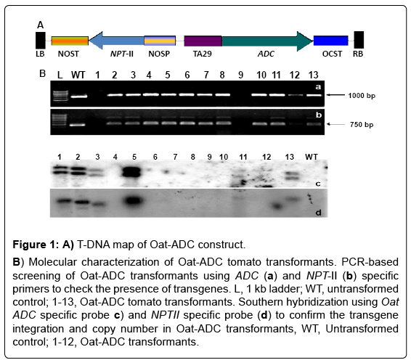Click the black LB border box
[41, 41]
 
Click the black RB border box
[359, 40]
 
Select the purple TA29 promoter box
[203, 41]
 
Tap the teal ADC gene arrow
[267, 41]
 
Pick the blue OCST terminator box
[331, 41]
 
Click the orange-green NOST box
[70, 41]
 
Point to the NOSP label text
[159, 54]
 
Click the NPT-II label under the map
[122, 54]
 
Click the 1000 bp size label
[362, 96]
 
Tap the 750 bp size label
[362, 124]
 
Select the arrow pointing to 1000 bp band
[335, 95]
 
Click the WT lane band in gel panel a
[78, 96]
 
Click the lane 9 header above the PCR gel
[240, 75]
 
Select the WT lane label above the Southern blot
[312, 157]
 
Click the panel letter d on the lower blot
[318, 212]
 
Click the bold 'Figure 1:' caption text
[36, 245]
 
